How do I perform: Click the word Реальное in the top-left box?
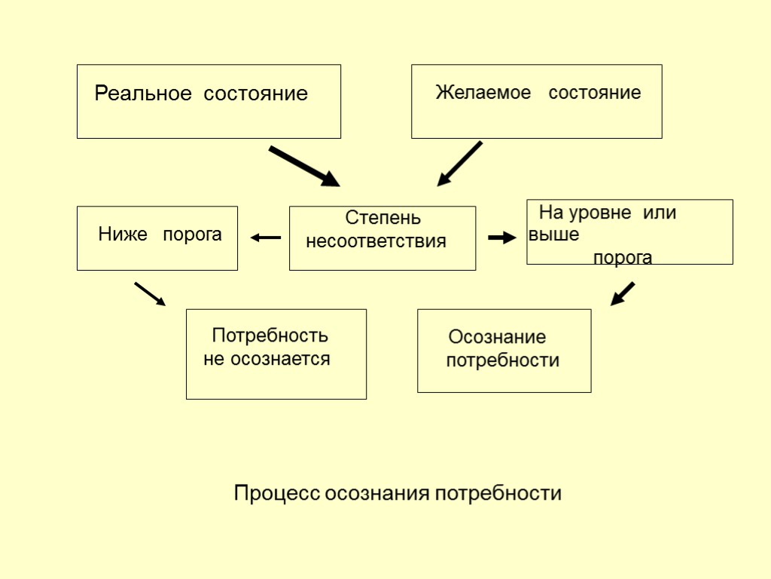click(x=139, y=94)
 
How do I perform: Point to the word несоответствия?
click(x=376, y=242)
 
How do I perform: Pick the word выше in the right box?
click(x=554, y=234)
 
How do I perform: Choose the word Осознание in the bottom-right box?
click(x=497, y=336)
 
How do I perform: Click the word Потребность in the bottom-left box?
click(x=270, y=335)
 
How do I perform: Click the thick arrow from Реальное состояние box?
click(x=304, y=167)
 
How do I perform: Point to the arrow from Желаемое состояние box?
click(x=459, y=164)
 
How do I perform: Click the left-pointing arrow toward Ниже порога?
click(x=265, y=237)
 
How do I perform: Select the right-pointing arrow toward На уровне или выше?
click(x=501, y=237)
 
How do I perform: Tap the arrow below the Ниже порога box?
click(x=149, y=294)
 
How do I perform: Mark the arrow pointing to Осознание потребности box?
click(x=623, y=293)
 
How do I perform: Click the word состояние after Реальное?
click(x=257, y=94)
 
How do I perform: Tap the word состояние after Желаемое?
click(x=594, y=93)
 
